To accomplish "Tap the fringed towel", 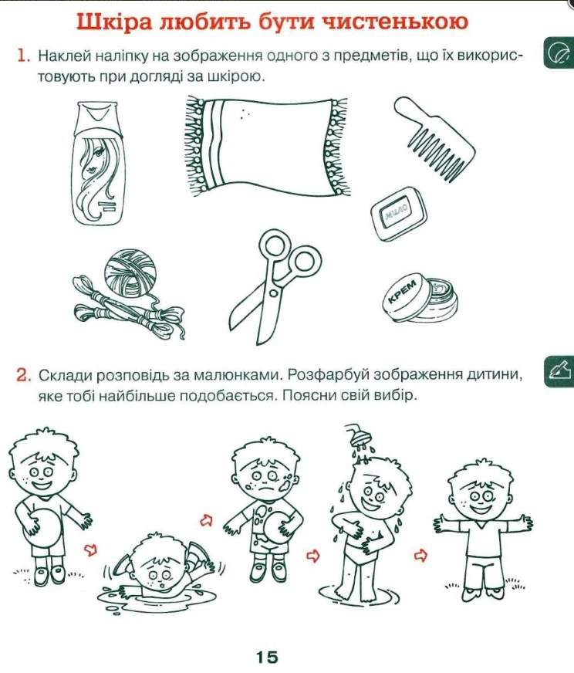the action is click(267, 147).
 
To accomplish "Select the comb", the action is click(434, 137).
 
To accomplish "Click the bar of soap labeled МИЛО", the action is click(400, 212).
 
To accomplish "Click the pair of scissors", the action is click(275, 286).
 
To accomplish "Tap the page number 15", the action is click(267, 656).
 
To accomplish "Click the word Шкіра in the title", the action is click(114, 22).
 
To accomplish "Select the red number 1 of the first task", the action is click(23, 56).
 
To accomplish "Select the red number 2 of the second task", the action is click(24, 375).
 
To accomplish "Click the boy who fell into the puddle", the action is click(158, 571).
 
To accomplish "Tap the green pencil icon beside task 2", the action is click(559, 372).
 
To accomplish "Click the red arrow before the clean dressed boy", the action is click(420, 556).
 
